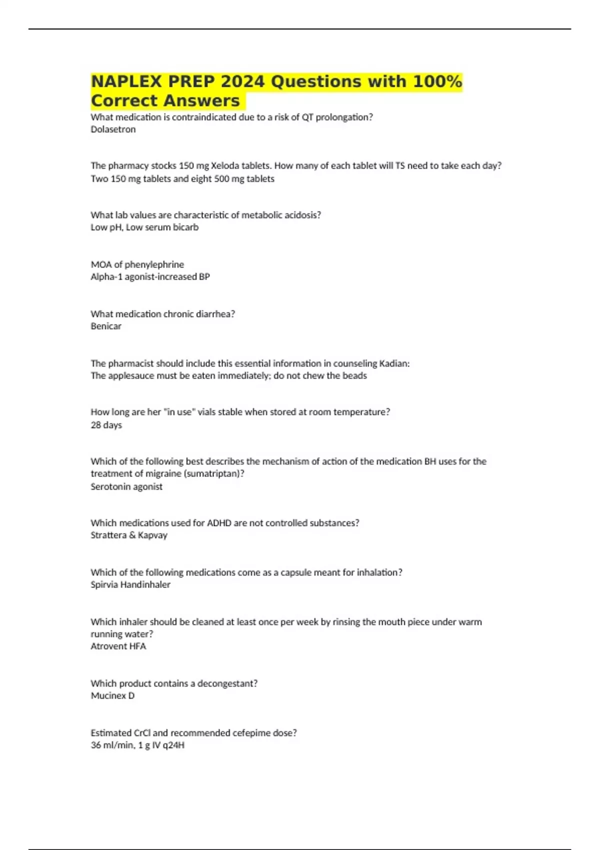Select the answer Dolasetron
click(x=113, y=129)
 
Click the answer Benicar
click(x=106, y=326)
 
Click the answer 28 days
click(x=106, y=425)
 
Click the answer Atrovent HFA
click(x=118, y=646)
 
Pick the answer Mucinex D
click(x=112, y=695)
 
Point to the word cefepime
click(x=252, y=733)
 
